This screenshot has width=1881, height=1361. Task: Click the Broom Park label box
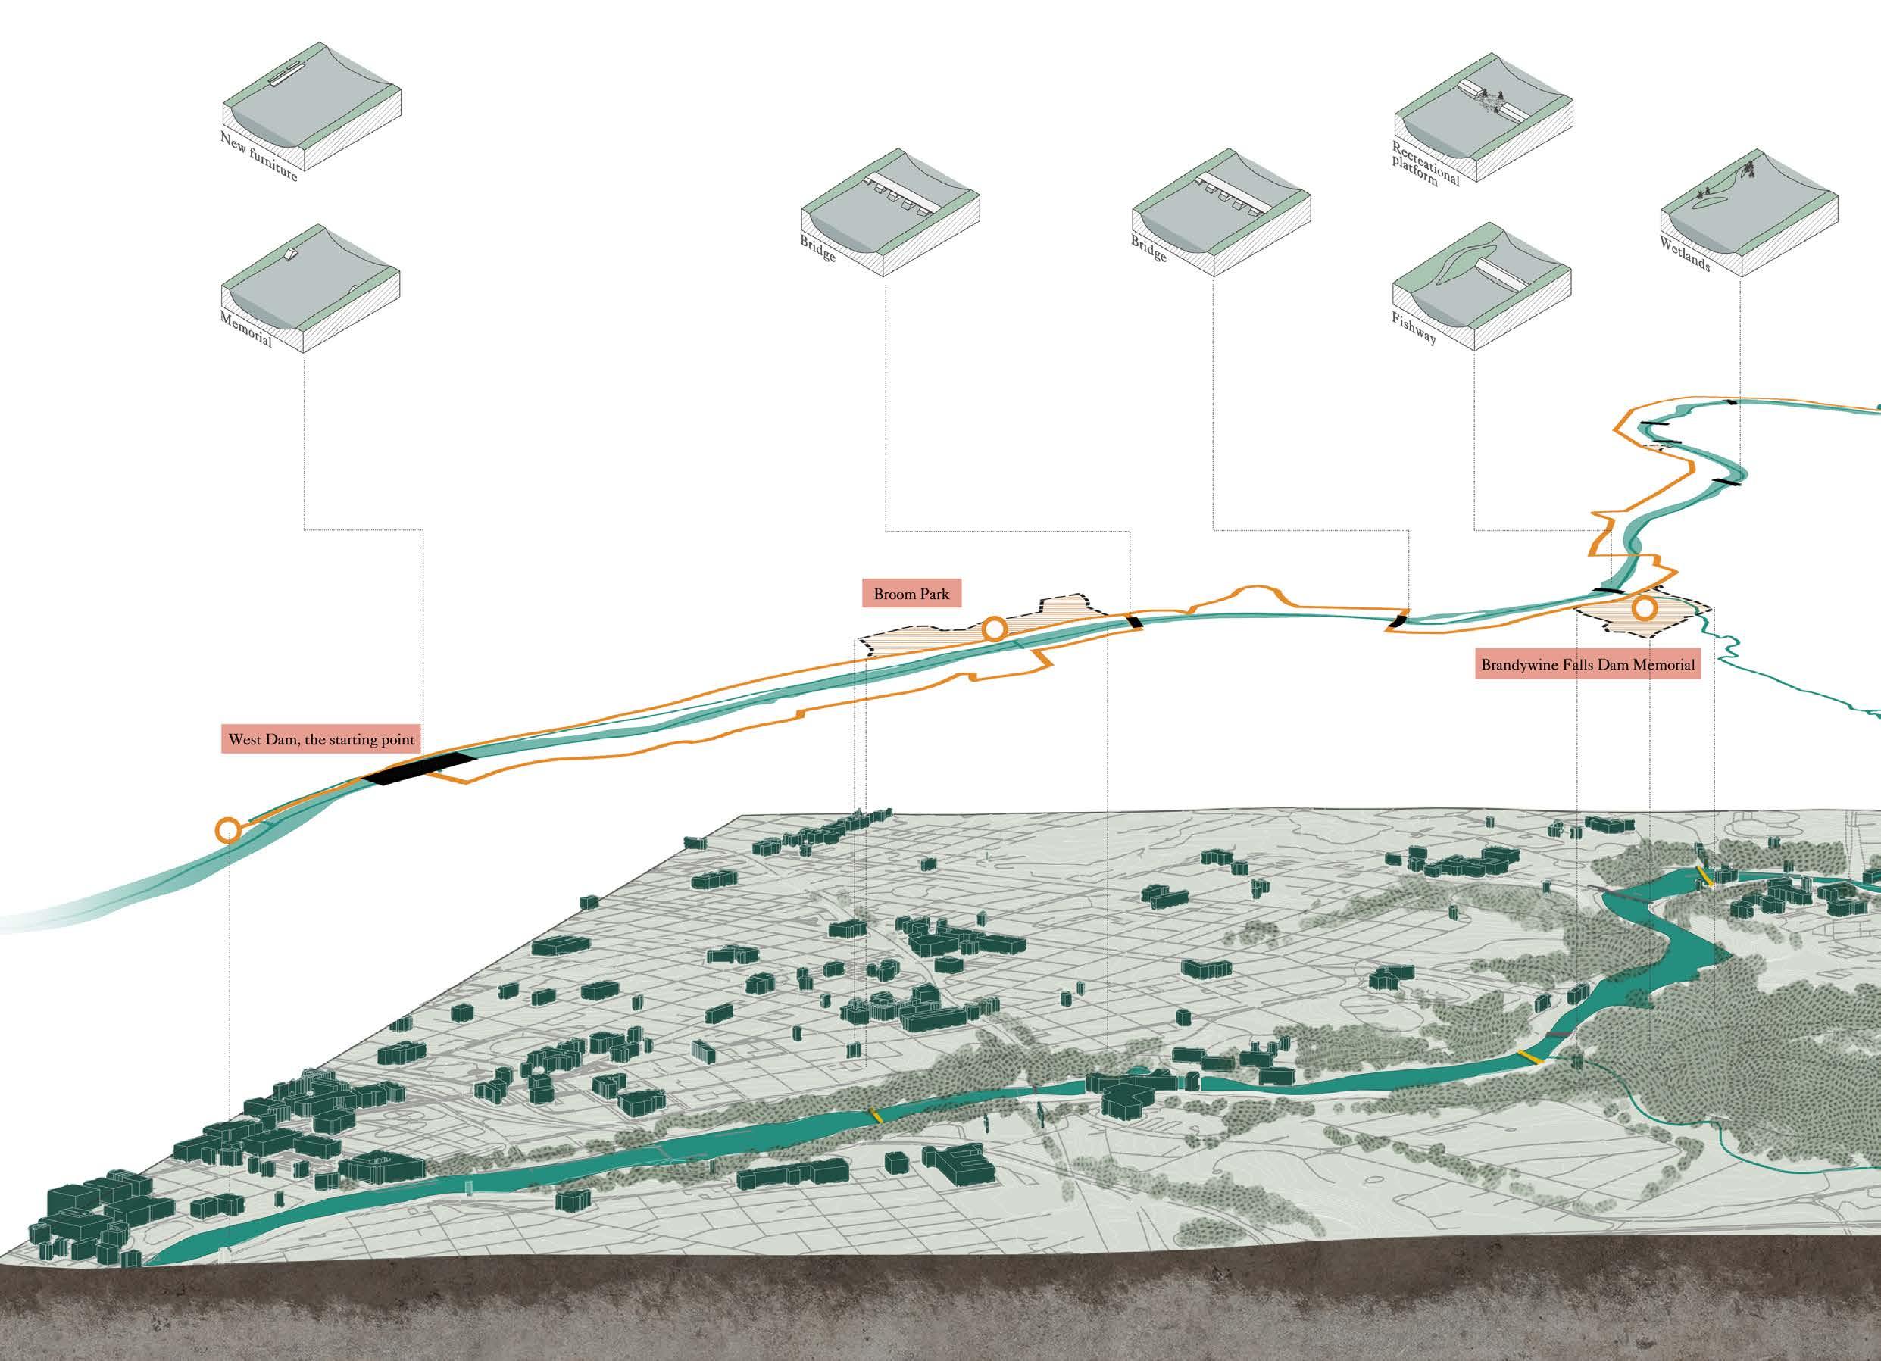911,594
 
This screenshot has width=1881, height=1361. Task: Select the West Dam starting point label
321,740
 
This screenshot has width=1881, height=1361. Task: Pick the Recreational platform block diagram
1482,124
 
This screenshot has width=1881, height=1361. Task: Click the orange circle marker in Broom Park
995,629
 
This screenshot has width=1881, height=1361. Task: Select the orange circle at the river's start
227,829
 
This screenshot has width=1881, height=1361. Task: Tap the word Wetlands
1685,254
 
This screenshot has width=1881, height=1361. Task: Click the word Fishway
1414,329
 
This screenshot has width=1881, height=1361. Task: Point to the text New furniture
258,156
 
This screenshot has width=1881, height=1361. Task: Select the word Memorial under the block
245,329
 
